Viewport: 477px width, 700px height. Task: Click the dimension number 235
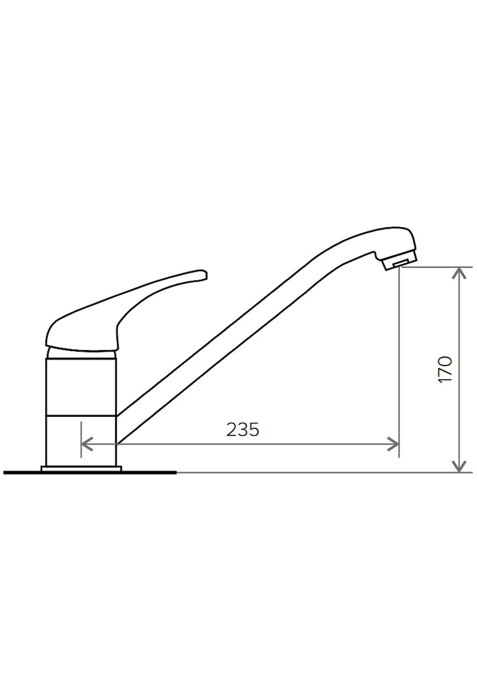243,430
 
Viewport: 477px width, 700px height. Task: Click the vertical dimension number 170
445,369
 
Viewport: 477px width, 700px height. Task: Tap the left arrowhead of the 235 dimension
86,443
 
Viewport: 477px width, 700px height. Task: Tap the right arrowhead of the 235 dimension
393,443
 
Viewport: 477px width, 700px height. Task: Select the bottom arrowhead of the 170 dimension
460,467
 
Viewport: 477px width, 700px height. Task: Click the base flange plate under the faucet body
81,469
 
